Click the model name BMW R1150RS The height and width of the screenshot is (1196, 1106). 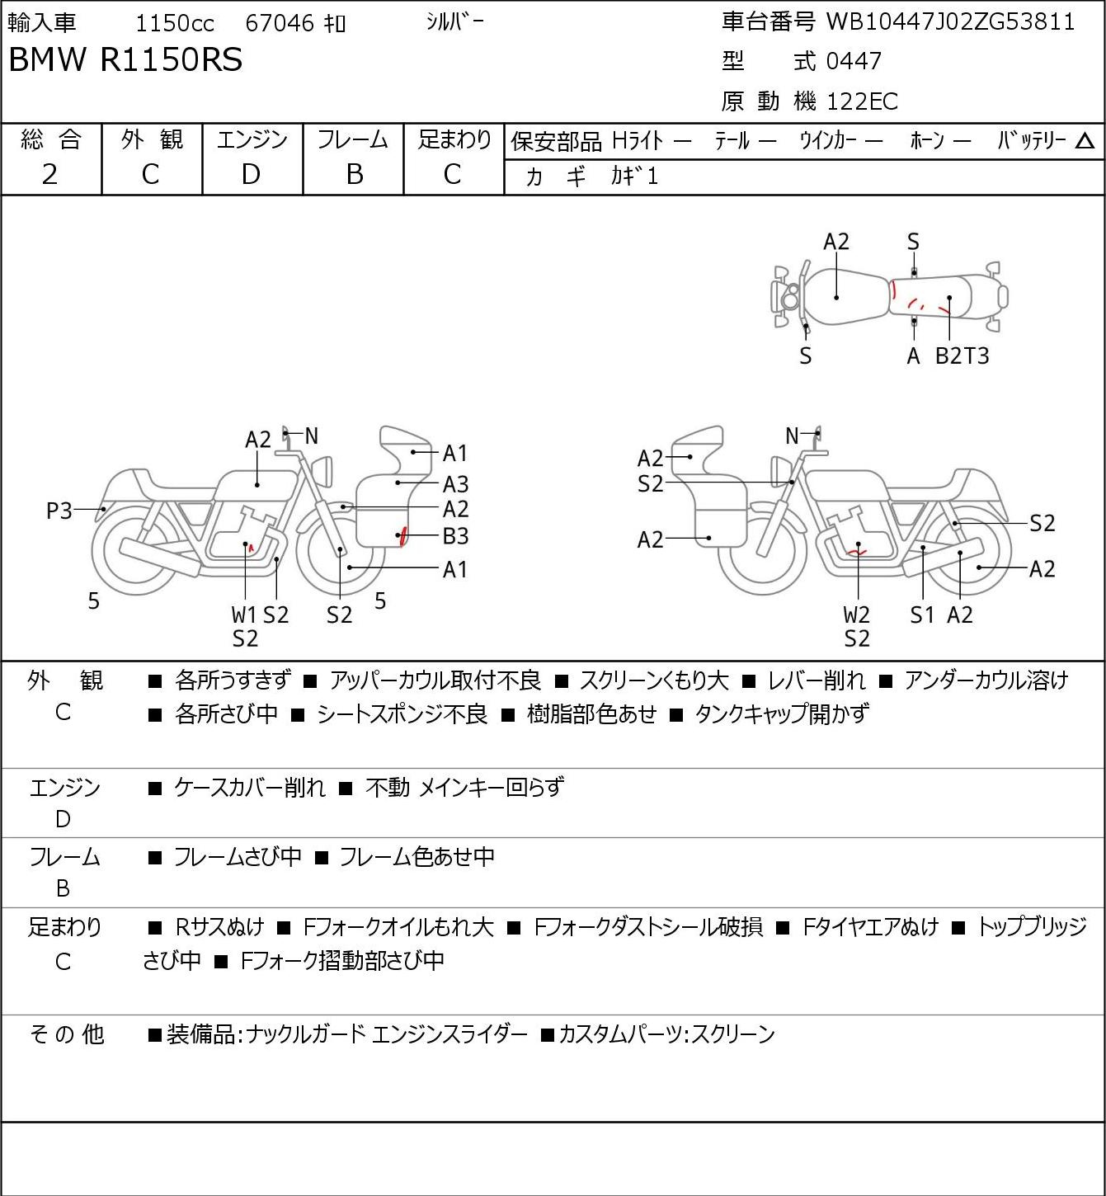[125, 60]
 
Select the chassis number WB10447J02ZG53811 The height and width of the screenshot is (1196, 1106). [950, 21]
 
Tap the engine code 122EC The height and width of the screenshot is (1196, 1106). [862, 101]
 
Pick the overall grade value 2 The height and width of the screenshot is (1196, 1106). [50, 174]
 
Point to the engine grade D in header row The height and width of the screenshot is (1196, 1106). [252, 174]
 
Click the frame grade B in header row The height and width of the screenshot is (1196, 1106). [354, 174]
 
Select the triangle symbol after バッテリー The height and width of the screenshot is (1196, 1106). [1085, 141]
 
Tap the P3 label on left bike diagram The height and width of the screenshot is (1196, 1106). [59, 511]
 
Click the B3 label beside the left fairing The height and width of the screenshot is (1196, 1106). [455, 536]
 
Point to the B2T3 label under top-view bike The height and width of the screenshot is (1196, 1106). [962, 356]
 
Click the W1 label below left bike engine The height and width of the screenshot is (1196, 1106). [244, 614]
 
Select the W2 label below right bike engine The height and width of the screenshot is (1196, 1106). [857, 614]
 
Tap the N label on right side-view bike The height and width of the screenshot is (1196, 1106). [792, 436]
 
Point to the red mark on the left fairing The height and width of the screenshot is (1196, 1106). [402, 535]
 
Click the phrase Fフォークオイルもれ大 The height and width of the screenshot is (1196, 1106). [398, 928]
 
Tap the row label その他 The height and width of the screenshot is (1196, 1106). [66, 1034]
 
